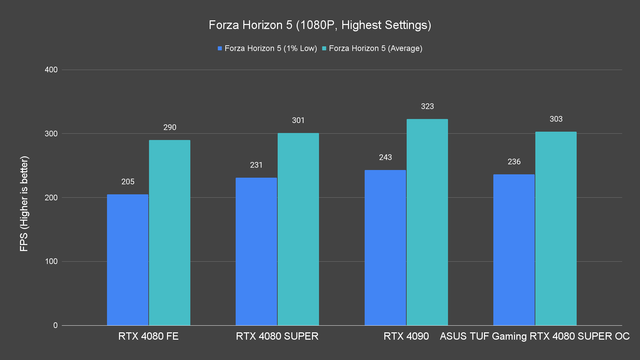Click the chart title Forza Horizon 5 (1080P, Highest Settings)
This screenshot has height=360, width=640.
(320, 25)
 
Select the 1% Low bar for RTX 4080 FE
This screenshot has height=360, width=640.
(128, 260)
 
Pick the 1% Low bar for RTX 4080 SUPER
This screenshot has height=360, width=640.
(256, 252)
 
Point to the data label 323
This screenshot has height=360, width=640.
(427, 106)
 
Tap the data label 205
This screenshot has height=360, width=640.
(128, 182)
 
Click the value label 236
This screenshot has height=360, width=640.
(514, 162)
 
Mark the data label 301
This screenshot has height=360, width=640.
(298, 120)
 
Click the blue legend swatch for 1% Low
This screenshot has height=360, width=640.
(220, 48)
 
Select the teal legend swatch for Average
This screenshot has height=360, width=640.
(324, 48)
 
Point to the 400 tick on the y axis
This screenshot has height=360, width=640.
(51, 70)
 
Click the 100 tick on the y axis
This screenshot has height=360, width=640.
(51, 261)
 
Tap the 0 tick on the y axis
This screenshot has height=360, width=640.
(55, 325)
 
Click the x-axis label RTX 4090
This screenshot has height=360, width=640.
(406, 336)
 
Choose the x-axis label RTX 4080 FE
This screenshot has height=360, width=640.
(148, 336)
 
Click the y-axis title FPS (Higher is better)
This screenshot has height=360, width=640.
(24, 203)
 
